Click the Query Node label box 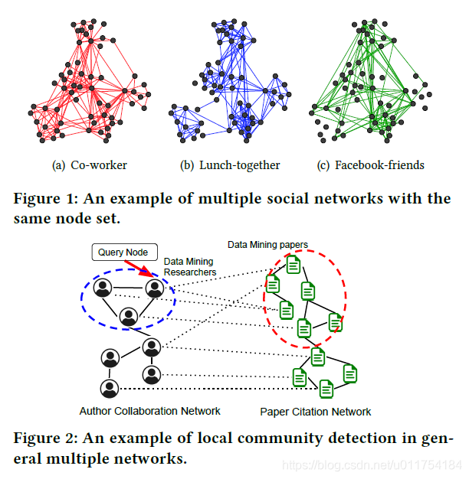click(x=124, y=252)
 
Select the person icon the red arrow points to click(x=155, y=288)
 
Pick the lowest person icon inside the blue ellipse click(x=129, y=316)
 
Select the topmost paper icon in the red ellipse click(x=293, y=265)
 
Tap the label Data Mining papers click(x=267, y=245)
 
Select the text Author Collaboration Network click(x=150, y=411)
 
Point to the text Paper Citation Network click(x=315, y=412)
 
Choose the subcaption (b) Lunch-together click(x=230, y=165)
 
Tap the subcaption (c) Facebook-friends click(x=370, y=165)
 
